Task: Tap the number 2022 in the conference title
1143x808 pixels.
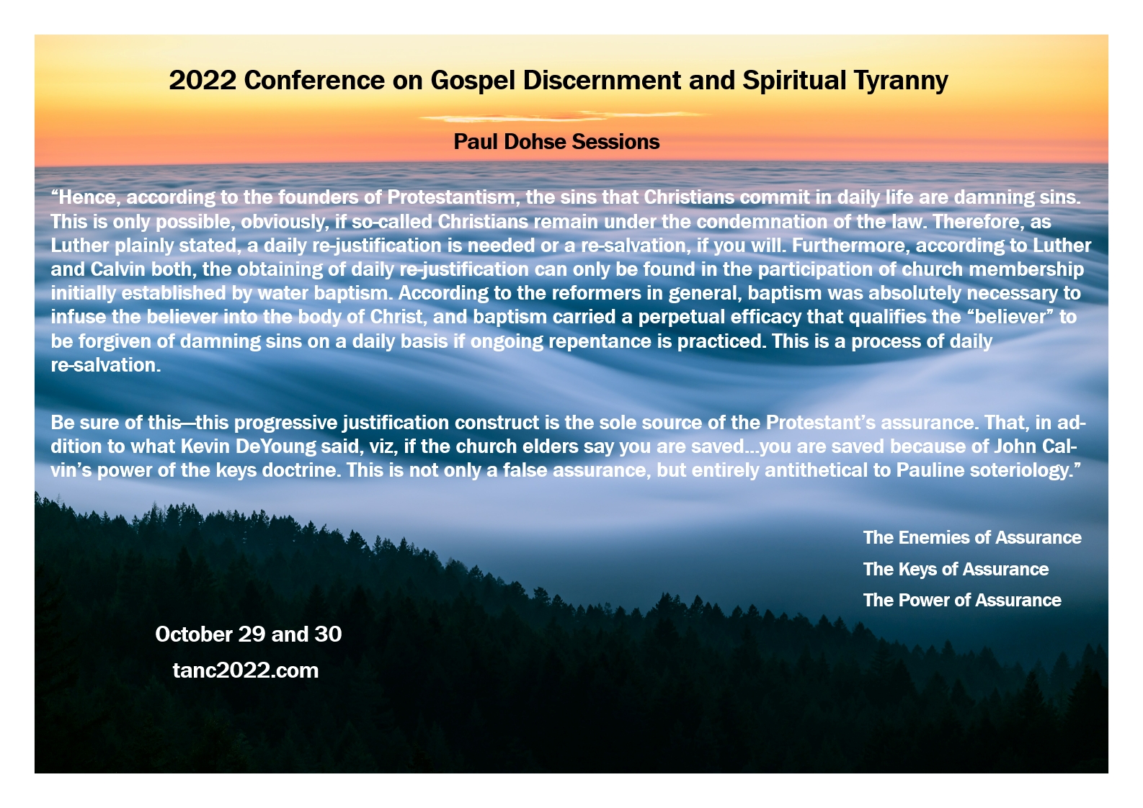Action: [x=203, y=80]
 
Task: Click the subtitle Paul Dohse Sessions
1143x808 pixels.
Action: [x=556, y=142]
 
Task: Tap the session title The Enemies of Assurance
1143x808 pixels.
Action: [x=972, y=537]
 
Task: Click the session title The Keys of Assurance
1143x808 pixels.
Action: [x=956, y=569]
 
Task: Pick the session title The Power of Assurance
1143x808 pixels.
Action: [x=962, y=600]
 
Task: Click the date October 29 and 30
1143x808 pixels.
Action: [x=249, y=634]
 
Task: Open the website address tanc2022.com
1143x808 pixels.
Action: [x=246, y=670]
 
